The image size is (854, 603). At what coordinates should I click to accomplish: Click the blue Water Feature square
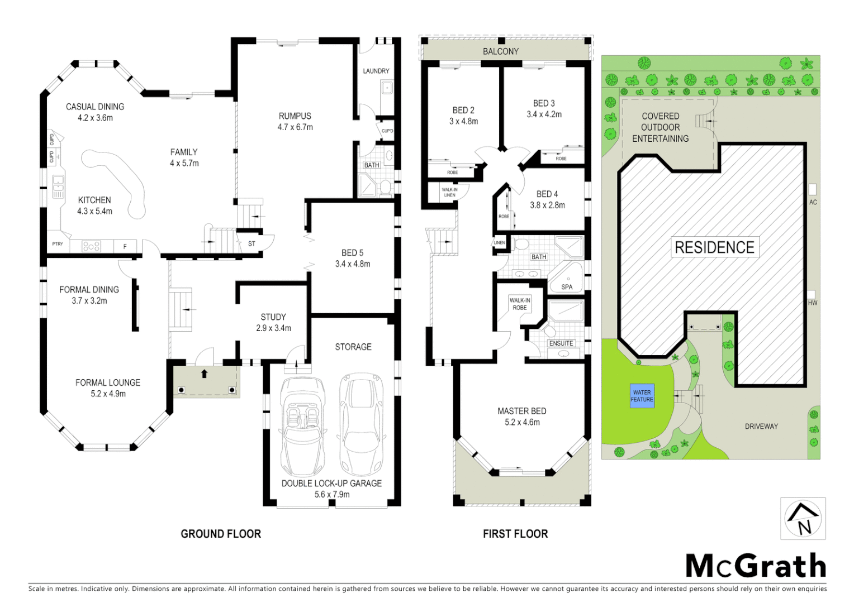642,396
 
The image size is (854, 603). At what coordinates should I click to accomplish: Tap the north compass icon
803,519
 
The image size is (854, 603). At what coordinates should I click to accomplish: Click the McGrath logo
756,566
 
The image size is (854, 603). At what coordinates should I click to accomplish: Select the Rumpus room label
295,116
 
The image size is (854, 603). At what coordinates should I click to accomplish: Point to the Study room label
273,317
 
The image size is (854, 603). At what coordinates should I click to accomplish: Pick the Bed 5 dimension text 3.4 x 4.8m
352,264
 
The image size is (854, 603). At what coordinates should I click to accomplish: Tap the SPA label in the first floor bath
567,287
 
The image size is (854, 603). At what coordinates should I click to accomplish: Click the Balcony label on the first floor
500,51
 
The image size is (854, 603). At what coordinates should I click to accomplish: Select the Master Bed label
521,411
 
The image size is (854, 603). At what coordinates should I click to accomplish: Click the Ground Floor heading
221,534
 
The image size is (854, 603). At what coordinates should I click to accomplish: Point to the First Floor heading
515,534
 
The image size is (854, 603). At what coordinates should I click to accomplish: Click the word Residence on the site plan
714,247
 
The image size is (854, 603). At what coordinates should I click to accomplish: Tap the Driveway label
761,427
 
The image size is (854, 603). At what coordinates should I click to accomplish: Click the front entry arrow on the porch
205,374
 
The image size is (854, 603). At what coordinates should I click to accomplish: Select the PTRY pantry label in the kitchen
57,244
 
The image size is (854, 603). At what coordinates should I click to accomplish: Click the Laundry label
376,71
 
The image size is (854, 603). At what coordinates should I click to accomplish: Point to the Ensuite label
561,343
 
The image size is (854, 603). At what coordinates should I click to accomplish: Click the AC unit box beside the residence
812,189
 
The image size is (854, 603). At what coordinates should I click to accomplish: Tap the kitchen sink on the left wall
58,187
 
